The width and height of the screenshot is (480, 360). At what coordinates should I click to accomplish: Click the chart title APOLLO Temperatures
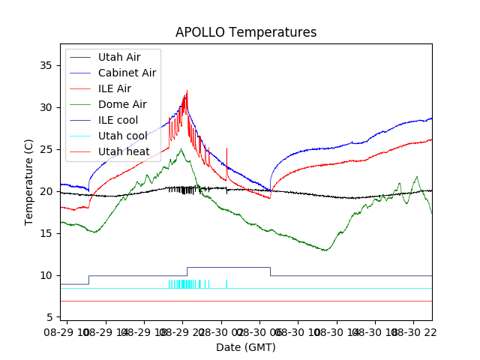246,33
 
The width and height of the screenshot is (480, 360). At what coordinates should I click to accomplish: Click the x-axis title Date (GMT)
246,347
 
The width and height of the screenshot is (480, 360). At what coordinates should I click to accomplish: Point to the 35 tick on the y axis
47,65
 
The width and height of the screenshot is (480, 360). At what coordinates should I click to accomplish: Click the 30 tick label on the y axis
47,107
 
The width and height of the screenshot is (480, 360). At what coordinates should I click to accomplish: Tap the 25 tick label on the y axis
47,149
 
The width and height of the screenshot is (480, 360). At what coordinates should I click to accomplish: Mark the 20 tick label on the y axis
47,191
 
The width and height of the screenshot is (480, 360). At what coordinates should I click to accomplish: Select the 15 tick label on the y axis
47,233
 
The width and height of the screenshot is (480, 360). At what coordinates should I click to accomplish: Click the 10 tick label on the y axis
47,275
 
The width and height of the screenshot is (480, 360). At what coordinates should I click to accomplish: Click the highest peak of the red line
187,91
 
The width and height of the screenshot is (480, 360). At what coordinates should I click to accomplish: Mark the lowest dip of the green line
325,250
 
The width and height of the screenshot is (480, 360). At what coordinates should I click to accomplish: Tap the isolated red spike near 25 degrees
226,149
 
